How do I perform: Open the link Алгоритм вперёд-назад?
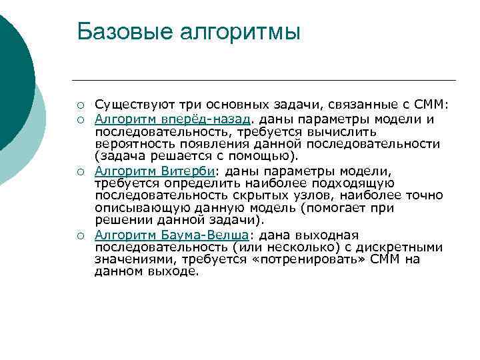coord(173,119)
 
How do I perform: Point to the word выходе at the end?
coord(175,272)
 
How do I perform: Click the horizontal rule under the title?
coord(266,81)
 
